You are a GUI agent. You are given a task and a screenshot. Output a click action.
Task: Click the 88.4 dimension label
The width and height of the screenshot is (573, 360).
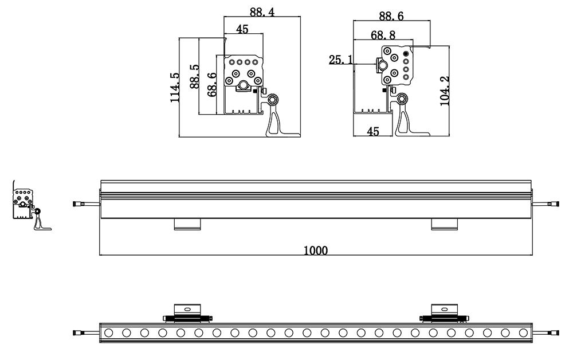click(x=262, y=11)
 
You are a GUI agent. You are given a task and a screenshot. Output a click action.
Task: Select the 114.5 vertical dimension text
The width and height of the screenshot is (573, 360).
click(x=175, y=87)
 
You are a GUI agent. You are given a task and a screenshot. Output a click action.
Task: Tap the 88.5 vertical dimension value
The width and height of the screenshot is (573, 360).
click(x=194, y=76)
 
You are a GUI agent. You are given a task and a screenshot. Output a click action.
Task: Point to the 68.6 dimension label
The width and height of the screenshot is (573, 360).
click(x=212, y=84)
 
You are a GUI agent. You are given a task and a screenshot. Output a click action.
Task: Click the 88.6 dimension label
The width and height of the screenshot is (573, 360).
click(x=391, y=16)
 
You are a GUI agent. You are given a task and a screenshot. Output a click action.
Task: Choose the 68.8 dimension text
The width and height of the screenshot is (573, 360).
click(x=383, y=35)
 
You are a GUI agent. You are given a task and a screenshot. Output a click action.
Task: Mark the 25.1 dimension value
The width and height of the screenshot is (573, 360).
click(x=340, y=60)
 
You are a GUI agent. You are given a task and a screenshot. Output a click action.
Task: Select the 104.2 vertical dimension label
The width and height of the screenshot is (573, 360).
click(x=445, y=91)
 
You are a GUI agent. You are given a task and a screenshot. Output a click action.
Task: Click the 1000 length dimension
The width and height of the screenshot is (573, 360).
click(x=316, y=251)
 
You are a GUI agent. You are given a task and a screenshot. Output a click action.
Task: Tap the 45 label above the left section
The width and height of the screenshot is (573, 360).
click(x=242, y=29)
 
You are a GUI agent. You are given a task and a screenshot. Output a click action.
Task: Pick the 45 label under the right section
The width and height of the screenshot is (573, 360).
click(x=373, y=131)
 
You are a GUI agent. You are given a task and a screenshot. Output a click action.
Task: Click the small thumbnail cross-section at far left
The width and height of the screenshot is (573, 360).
click(x=32, y=205)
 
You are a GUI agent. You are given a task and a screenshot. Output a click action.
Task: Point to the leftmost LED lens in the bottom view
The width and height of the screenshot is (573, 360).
click(x=108, y=332)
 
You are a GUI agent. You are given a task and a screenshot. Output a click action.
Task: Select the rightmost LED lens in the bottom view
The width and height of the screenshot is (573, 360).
click(x=523, y=332)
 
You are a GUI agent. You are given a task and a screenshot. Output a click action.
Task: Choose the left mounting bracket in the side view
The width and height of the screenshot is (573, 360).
click(x=187, y=224)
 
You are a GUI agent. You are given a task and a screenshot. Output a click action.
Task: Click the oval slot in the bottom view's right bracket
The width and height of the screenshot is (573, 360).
click(x=445, y=309)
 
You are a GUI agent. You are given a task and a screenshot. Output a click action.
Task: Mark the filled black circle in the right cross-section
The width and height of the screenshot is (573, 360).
click(x=406, y=54)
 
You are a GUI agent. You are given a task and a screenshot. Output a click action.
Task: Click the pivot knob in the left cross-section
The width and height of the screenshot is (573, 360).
click(x=272, y=99)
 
